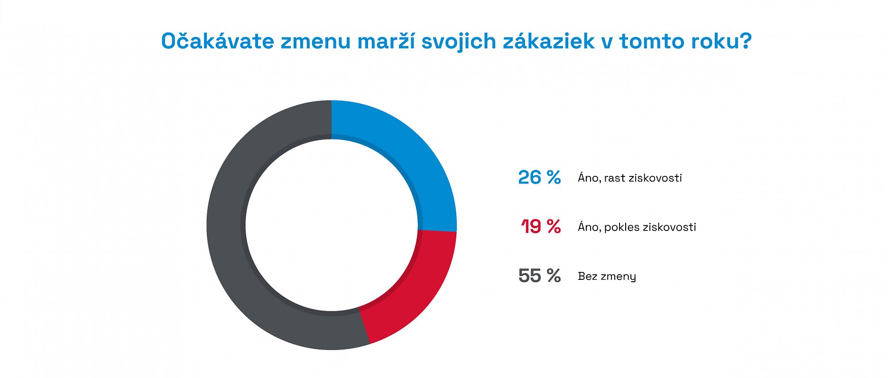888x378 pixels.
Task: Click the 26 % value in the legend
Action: pos(539,178)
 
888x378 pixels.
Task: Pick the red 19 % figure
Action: pos(540,227)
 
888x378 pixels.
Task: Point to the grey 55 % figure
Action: pos(539,276)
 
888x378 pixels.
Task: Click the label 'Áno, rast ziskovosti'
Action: pos(629,178)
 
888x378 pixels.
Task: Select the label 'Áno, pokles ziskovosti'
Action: pos(637,227)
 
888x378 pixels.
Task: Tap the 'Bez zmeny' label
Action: pos(607,276)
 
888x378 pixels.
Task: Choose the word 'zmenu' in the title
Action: pos(315,41)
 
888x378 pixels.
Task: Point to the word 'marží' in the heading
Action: pos(385,41)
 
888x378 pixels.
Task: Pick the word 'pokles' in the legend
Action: pos(621,227)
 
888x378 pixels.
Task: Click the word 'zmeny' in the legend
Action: pos(619,277)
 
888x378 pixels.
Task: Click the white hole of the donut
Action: pos(332,225)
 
